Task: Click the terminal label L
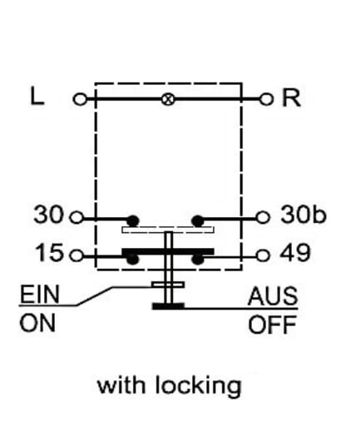coord(37,97)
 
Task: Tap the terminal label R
coord(291,98)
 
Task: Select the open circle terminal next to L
coord(80,99)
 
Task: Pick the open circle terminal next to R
coord(266,99)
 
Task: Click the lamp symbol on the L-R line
coord(168,99)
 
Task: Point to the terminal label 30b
coord(303,215)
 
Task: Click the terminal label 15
coord(49,253)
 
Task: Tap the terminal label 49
coord(295,253)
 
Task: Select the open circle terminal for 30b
coord(263,217)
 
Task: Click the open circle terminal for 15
coord(76,255)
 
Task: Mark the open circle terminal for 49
coord(263,255)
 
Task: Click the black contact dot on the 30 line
coord(133,221)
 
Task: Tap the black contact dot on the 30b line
coord(198,221)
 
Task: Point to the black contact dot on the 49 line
coord(198,260)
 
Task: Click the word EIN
coord(40,295)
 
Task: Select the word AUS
coord(273,296)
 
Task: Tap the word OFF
coord(273,324)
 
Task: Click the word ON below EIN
coord(37,323)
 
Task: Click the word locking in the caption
coord(199,386)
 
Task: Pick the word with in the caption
coord(121,384)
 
